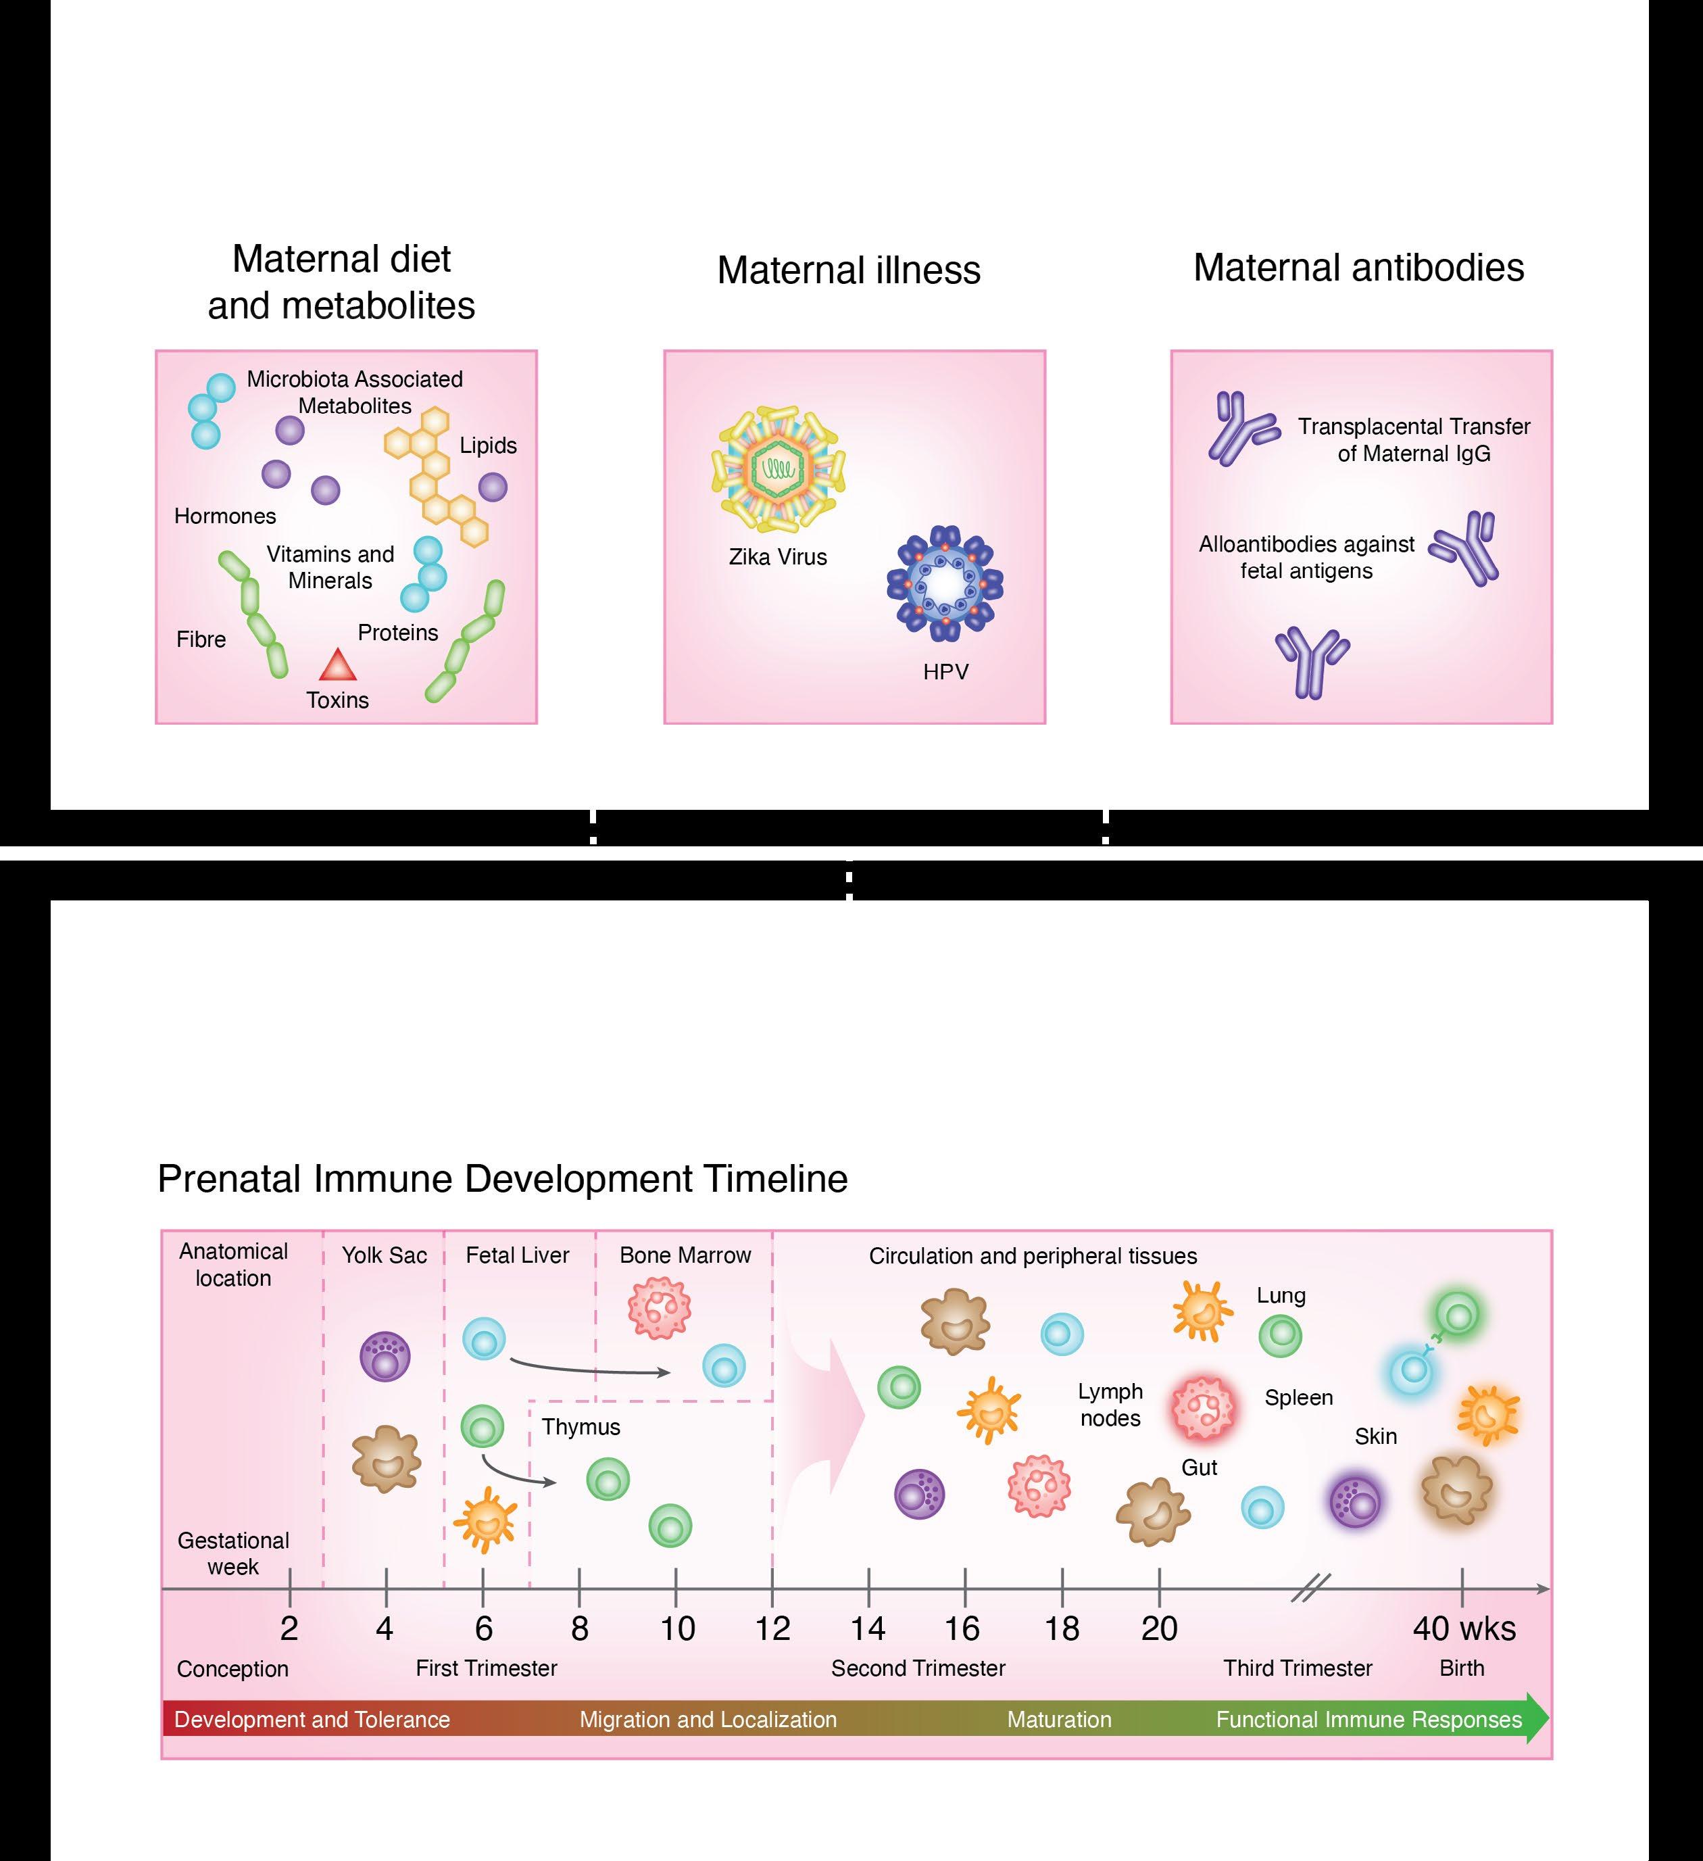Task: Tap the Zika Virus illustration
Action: tap(778, 469)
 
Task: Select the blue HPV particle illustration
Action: tap(944, 583)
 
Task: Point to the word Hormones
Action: tap(225, 516)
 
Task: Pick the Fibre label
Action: tap(201, 639)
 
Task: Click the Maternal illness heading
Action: tap(848, 270)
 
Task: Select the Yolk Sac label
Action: tap(384, 1255)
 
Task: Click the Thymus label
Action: tap(581, 1426)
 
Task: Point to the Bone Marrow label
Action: tap(685, 1255)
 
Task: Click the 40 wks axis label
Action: tap(1464, 1628)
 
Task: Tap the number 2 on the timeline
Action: tap(289, 1628)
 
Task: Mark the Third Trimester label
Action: tap(1298, 1668)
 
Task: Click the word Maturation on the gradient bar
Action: tap(1059, 1720)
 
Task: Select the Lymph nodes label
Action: tap(1110, 1404)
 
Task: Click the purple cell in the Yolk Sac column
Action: tap(384, 1356)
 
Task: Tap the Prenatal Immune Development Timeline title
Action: tap(502, 1179)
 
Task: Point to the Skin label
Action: tap(1375, 1436)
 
